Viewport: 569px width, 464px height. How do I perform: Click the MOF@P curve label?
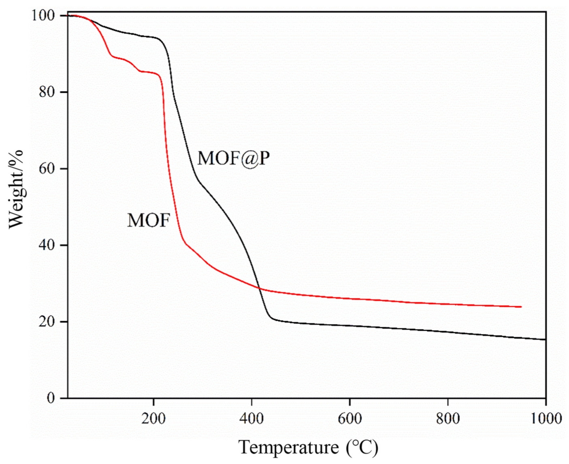point(233,158)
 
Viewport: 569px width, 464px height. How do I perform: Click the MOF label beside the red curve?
point(148,221)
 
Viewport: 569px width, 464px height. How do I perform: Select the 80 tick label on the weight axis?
point(47,92)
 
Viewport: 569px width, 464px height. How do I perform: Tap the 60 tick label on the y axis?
point(47,168)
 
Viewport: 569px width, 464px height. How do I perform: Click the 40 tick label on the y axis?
point(47,245)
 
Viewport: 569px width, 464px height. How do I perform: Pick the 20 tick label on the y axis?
point(47,321)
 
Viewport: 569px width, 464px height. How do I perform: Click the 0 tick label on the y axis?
point(51,398)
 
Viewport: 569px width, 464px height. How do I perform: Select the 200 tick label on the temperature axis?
point(153,418)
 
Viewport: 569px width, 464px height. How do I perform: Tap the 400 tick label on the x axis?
point(251,418)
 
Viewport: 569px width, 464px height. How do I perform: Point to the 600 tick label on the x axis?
point(349,418)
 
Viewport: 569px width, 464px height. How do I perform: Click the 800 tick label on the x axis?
point(448,418)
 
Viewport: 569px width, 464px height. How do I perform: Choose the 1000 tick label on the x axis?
point(545,418)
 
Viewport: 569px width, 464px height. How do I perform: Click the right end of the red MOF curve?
point(521,307)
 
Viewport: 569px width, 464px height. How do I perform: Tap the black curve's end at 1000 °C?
point(545,339)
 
